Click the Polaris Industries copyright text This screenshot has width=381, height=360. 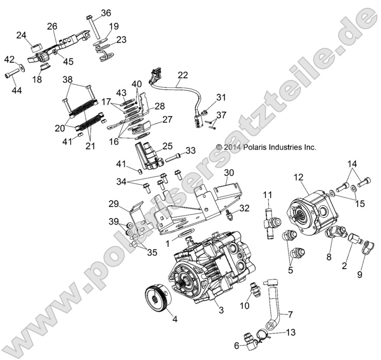266,147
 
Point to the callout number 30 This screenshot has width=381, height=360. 229,172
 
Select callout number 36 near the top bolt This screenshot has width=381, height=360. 105,13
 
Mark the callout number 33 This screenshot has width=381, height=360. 190,151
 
